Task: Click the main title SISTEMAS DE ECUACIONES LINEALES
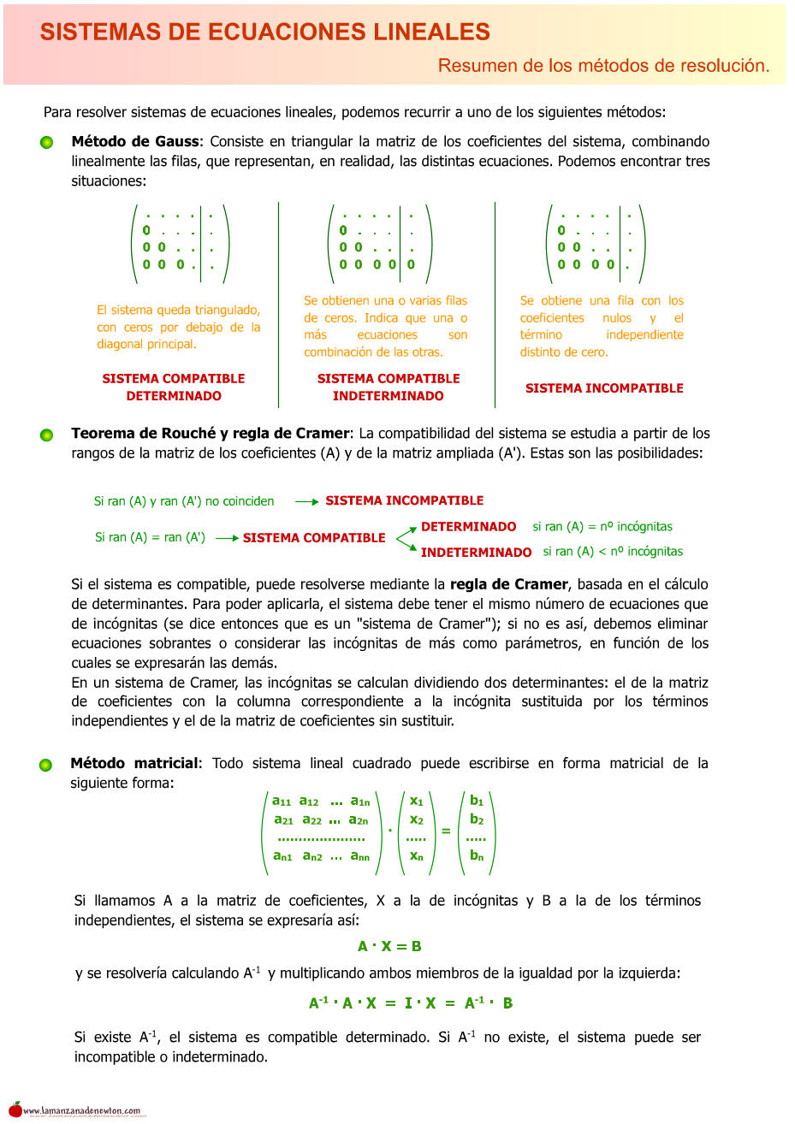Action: point(264,33)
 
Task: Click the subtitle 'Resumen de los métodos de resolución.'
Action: point(603,65)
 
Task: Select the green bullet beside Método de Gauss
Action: point(47,143)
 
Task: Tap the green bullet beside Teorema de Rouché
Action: point(47,435)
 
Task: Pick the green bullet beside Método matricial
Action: point(46,765)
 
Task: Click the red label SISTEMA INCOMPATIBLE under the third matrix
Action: point(604,388)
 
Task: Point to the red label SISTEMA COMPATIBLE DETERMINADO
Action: point(174,387)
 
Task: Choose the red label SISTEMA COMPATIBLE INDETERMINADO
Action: point(389,387)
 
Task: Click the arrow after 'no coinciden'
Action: point(306,502)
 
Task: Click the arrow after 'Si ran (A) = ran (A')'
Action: point(227,539)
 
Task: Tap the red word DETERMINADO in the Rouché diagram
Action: point(468,527)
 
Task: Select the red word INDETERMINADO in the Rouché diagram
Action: point(476,553)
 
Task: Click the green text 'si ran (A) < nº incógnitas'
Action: point(613,552)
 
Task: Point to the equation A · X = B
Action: point(389,946)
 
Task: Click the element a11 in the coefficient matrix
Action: point(282,802)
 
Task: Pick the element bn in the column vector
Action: point(477,855)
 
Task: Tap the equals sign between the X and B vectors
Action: point(445,831)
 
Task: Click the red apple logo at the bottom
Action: point(15,1109)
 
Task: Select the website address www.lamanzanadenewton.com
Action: point(82,1111)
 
